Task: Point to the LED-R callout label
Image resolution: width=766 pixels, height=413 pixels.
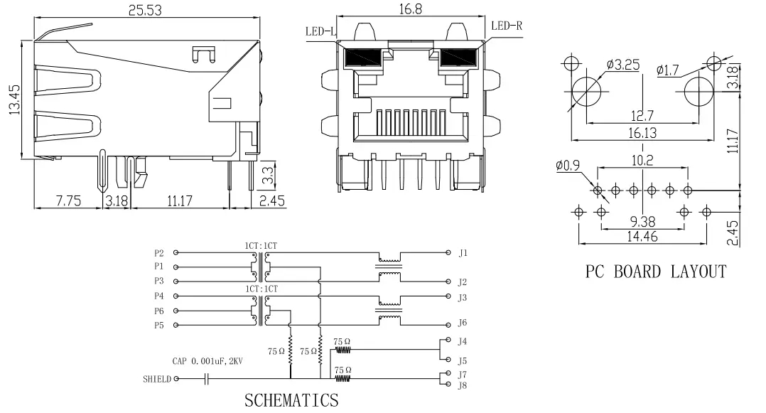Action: tap(506, 26)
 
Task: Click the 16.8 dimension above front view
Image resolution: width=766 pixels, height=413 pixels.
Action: tap(409, 9)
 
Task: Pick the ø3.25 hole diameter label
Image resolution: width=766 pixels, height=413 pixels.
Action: tap(622, 65)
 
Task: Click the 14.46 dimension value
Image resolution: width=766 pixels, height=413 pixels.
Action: tap(642, 237)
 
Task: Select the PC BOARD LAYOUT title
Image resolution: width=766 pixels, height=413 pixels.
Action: tap(655, 272)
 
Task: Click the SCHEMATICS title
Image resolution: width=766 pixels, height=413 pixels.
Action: tap(291, 399)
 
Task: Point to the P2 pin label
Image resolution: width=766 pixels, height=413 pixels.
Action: tap(158, 253)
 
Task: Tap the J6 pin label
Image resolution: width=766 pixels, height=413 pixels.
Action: tap(463, 323)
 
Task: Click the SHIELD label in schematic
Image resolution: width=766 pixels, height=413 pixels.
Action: tap(156, 380)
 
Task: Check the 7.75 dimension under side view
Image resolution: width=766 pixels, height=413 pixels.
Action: tap(68, 201)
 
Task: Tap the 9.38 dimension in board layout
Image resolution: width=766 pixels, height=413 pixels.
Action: tap(642, 221)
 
